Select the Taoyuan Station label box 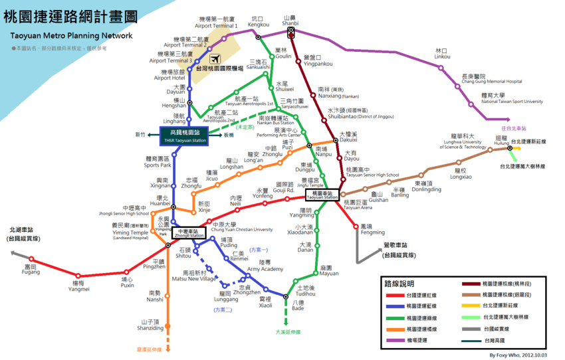click(x=322, y=195)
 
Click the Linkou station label click(x=442, y=54)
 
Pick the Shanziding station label click(x=150, y=325)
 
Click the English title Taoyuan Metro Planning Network click(x=68, y=36)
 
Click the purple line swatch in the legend click(x=397, y=340)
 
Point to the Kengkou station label click(x=259, y=22)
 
